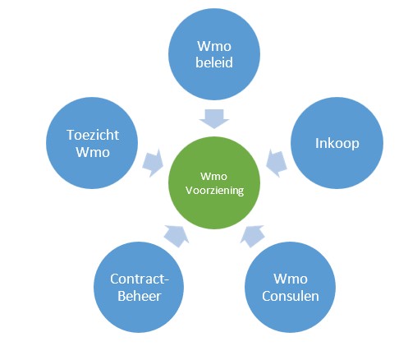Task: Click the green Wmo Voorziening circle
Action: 214,182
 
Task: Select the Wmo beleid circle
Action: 214,54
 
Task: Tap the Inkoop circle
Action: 337,143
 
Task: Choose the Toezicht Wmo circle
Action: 92,143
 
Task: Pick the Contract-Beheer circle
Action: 139,287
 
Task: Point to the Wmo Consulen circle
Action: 290,287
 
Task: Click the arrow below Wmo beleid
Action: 214,118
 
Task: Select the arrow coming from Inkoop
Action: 277,164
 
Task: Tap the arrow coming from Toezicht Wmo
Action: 153,164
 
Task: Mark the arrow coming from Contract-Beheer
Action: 176,236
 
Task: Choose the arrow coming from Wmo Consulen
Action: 252,236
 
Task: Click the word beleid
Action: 214,62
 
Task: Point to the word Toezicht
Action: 93,135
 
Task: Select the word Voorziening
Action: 214,191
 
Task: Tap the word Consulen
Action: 291,296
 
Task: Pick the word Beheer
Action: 139,296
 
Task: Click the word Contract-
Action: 140,279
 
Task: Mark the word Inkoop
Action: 337,144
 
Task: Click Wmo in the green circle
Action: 213,177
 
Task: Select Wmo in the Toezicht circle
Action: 93,152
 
